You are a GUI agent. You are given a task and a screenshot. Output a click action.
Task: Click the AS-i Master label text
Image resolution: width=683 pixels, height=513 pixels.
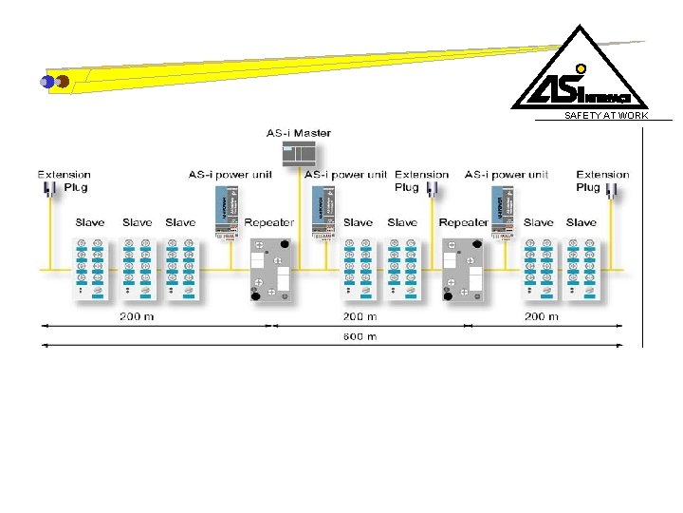[299, 133]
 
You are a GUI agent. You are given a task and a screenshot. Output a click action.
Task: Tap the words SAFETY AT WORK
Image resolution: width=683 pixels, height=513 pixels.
[606, 116]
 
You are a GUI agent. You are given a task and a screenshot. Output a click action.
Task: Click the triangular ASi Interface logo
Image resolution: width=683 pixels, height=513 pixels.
[580, 70]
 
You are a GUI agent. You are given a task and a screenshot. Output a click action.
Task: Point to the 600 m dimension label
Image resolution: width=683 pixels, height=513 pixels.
[360, 336]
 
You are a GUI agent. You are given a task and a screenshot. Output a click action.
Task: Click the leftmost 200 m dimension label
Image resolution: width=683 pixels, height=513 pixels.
[137, 316]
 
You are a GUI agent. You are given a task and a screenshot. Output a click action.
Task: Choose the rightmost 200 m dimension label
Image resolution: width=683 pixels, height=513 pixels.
[542, 316]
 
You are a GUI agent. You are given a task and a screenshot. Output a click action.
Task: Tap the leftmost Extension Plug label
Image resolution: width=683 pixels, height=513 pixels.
[65, 180]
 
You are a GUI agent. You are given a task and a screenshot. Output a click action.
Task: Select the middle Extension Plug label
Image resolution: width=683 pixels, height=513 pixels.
[421, 180]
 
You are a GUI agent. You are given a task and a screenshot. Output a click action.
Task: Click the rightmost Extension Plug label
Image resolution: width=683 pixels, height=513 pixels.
[602, 180]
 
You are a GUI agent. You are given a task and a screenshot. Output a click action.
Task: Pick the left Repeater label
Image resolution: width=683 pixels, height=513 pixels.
[269, 222]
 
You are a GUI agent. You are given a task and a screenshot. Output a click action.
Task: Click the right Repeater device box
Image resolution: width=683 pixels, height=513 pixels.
[464, 270]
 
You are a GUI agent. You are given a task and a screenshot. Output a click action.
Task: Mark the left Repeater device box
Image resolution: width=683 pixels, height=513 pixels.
[269, 270]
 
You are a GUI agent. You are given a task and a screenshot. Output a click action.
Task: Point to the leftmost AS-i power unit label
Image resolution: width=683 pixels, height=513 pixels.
[230, 175]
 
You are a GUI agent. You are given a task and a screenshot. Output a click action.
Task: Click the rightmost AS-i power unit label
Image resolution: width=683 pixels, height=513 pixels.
[507, 175]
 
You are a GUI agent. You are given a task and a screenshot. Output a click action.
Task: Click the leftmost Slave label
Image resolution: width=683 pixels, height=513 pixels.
[90, 222]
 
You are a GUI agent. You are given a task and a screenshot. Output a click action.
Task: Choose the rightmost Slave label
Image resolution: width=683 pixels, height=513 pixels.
[581, 222]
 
